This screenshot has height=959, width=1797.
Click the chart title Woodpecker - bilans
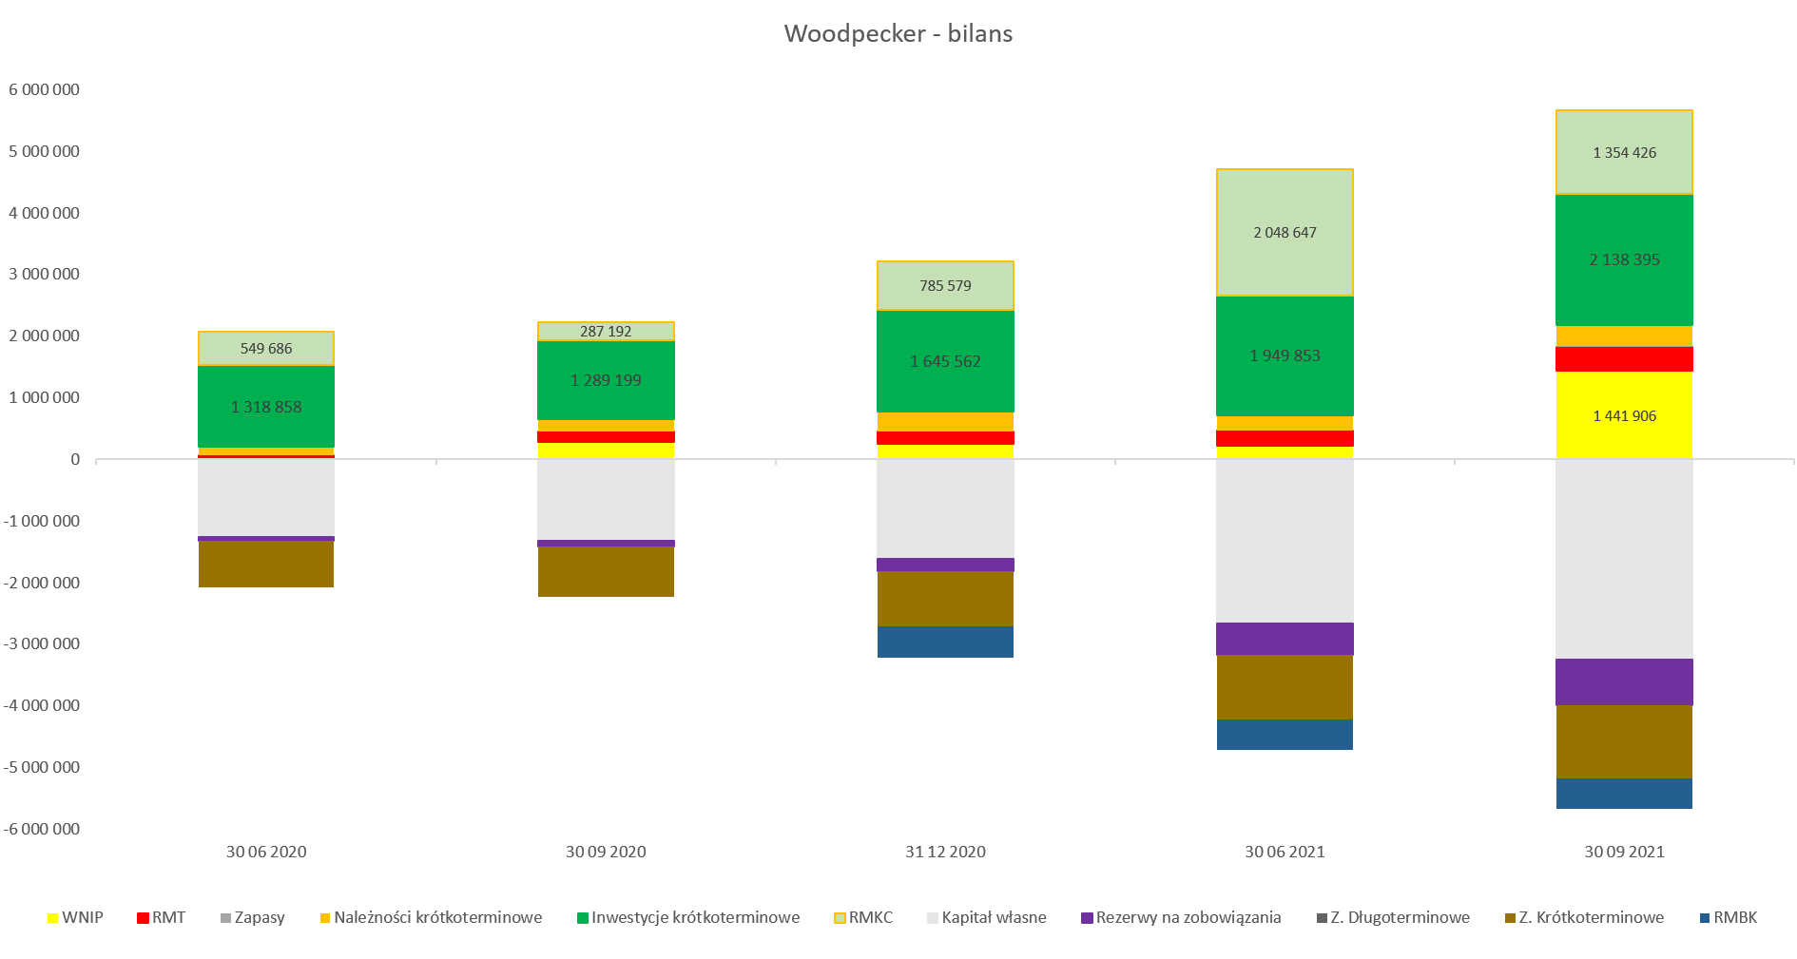coord(898,33)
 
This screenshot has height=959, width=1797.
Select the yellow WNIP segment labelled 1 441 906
coord(1624,415)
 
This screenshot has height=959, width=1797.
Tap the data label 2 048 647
coord(1285,233)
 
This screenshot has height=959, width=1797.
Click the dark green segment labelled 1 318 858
coord(266,407)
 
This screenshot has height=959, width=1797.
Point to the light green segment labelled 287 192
coord(606,332)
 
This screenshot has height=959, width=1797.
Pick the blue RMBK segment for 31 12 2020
coord(945,642)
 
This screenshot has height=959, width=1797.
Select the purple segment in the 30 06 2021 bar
coord(1285,639)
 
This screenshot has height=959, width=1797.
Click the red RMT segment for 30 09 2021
coord(1624,359)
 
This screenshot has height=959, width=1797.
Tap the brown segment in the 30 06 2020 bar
coord(266,564)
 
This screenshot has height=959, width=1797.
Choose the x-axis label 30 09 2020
coord(606,852)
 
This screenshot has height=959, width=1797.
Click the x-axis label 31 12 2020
coord(945,852)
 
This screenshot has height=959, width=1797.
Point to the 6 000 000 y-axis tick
coord(44,89)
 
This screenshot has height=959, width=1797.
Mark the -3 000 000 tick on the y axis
coord(42,643)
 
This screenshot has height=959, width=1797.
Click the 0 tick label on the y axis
coord(75,459)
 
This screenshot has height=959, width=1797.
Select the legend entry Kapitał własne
coord(986,917)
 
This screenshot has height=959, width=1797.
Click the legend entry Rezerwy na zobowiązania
coord(1181,917)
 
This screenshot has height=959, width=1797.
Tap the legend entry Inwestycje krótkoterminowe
coord(688,917)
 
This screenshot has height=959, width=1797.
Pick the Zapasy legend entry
coord(252,917)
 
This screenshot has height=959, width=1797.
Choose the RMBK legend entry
coord(1728,917)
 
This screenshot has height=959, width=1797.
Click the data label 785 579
coord(945,286)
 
